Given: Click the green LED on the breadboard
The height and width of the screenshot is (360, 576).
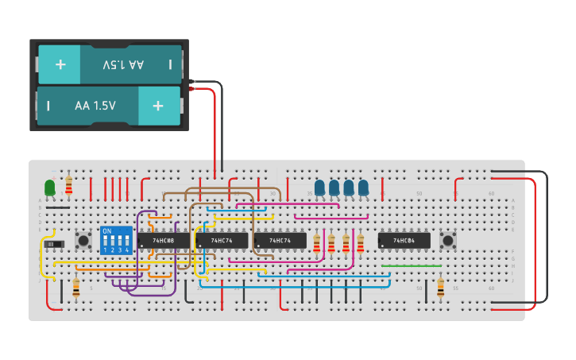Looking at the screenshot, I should click(50, 188).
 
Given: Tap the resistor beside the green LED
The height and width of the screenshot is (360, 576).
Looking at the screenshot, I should click(69, 184).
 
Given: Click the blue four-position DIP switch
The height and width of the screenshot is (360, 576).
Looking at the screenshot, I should click(116, 240).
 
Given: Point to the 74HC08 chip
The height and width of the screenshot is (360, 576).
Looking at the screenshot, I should click(164, 240).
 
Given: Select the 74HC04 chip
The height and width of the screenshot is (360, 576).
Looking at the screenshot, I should click(404, 240).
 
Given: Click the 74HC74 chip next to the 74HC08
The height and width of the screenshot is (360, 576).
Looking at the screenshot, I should click(222, 240).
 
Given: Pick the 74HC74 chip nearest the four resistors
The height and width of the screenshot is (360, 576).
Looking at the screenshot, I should click(280, 240).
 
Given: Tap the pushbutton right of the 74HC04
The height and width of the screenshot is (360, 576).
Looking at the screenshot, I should click(447, 240).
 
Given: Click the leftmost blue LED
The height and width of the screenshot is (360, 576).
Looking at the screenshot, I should click(319, 188).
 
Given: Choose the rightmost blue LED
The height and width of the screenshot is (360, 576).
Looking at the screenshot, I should click(363, 188).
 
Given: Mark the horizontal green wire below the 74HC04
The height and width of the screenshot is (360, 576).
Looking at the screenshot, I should click(411, 265).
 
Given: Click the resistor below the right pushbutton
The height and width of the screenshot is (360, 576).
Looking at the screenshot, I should click(441, 288).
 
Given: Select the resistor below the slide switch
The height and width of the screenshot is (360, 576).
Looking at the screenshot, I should click(76, 288).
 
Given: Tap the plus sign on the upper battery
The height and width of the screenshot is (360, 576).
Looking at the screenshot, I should click(60, 64).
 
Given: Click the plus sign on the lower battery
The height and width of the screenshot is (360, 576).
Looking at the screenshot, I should click(158, 106).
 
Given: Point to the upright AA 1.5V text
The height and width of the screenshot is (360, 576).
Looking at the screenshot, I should click(95, 106).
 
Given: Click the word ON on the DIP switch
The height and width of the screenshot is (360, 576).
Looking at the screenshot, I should click(107, 231).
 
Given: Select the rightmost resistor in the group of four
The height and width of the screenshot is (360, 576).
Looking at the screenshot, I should click(360, 243).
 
